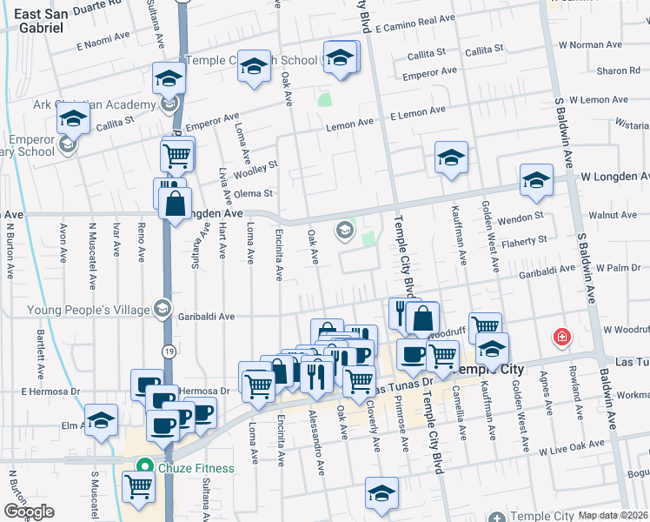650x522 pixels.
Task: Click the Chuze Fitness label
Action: tap(196, 468)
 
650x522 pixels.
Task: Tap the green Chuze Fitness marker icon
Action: tap(147, 468)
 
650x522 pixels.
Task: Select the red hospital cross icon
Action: tap(563, 337)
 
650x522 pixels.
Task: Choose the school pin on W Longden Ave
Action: tap(536, 180)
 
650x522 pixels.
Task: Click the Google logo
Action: tap(29, 512)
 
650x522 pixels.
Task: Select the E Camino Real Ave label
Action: tap(421, 19)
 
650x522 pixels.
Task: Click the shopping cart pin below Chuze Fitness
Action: tap(138, 487)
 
